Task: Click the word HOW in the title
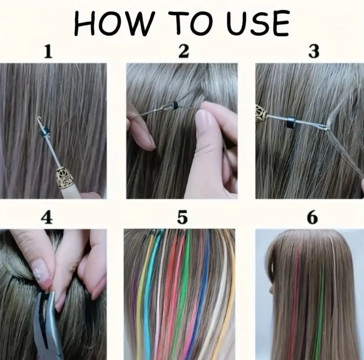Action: [114, 24]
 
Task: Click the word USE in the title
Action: [258, 24]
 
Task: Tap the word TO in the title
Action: [190, 23]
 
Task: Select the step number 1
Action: [48, 51]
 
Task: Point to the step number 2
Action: [184, 51]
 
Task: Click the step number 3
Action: [314, 51]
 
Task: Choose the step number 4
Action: [47, 218]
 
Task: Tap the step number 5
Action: [182, 218]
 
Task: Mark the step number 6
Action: [312, 218]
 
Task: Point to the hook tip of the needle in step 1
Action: [39, 118]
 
